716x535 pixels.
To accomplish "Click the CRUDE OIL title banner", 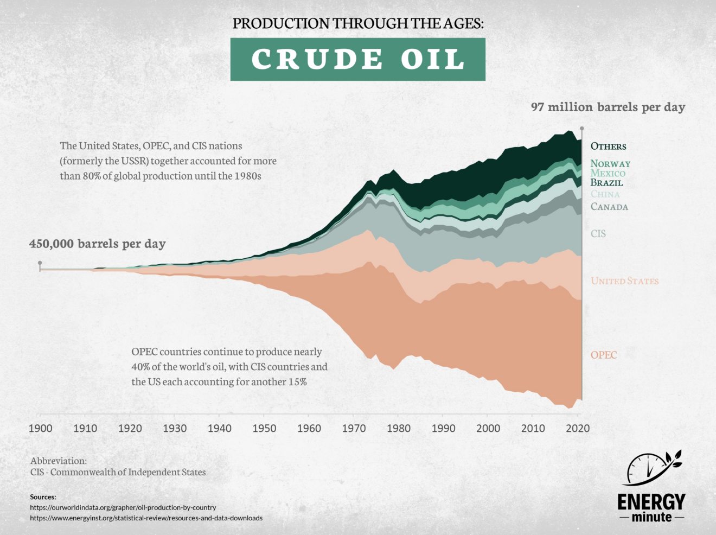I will coord(357,59).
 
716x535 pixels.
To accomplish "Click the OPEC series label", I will coord(604,355).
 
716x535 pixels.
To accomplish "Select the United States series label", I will coord(624,281).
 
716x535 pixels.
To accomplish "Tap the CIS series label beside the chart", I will coord(598,234).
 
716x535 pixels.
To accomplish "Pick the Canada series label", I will coord(609,207).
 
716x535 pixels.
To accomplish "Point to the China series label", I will coord(605,194).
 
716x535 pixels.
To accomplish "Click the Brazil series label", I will coord(606,183).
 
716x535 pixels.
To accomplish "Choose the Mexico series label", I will coord(608,173).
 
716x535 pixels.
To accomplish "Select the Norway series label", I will coord(610,164).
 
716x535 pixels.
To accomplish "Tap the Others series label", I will coord(608,147).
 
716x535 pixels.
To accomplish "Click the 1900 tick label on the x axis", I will coord(40,429).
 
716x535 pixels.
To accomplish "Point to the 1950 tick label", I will coord(264,429).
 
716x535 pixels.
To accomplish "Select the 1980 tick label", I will coord(399,429).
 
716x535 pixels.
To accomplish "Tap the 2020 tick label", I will coord(578,429).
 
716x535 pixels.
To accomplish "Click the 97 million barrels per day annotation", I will coord(608,107).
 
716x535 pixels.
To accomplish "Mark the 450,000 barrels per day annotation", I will coord(97,244).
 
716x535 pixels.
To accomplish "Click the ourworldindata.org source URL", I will coord(123,507).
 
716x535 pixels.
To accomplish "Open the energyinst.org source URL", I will coord(146,518).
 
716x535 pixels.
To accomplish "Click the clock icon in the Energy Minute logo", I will coord(648,468).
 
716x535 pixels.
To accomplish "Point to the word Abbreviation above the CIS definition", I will coord(58,461).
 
